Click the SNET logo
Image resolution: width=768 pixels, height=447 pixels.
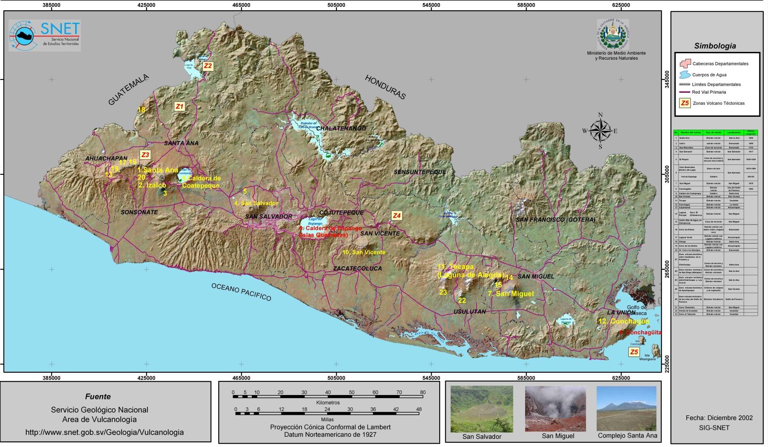click(45, 35)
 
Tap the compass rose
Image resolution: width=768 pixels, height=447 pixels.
click(600, 131)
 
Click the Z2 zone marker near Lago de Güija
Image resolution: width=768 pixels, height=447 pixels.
click(208, 66)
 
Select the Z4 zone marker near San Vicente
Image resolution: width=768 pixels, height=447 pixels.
click(397, 216)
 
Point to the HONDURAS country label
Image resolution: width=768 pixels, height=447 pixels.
click(385, 87)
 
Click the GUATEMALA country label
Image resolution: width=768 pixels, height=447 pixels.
click(129, 90)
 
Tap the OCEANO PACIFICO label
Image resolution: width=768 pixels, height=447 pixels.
click(241, 292)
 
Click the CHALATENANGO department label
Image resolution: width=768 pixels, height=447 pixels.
click(341, 128)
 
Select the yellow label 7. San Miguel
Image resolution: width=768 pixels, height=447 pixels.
click(511, 294)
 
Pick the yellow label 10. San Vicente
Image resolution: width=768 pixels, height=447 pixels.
click(364, 252)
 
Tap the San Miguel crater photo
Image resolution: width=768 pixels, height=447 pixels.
click(555, 408)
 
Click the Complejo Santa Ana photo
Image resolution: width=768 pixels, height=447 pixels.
click(626, 408)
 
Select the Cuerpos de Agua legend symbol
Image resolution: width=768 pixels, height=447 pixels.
click(684, 75)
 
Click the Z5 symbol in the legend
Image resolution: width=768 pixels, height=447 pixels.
click(685, 103)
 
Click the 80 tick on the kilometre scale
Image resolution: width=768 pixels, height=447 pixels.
click(422, 392)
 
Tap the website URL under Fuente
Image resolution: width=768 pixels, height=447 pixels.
click(104, 432)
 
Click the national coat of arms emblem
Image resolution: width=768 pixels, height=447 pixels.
click(613, 35)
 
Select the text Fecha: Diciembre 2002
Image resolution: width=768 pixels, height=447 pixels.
click(719, 418)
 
